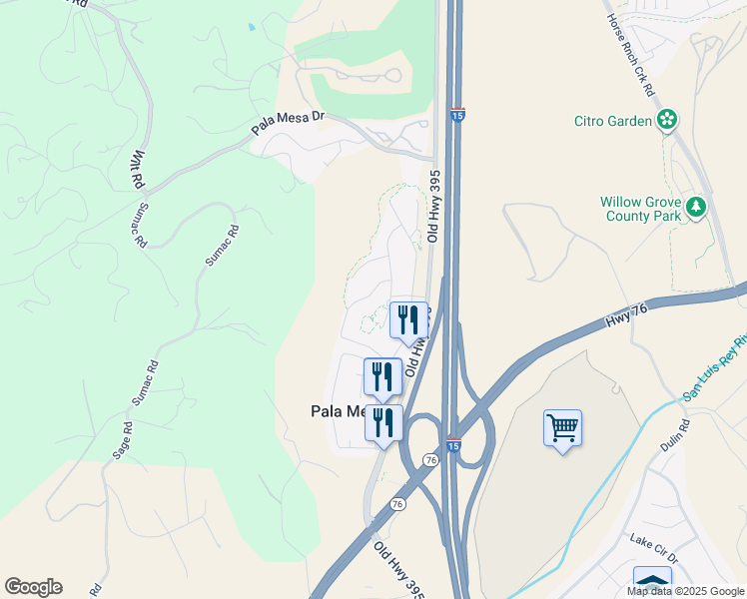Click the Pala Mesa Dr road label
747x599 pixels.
288,123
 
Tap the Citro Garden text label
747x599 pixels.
613,122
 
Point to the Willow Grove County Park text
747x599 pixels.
640,208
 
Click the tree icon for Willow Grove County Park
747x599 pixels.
696,208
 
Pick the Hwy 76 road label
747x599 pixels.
627,317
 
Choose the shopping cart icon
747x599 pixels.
563,428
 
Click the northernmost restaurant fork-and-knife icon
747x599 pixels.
407,319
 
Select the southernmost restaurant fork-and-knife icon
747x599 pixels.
382,422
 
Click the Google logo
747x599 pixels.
33,587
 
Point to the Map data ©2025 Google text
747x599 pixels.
685,591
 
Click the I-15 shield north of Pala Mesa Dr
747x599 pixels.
457,115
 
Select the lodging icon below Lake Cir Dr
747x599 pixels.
652,581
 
